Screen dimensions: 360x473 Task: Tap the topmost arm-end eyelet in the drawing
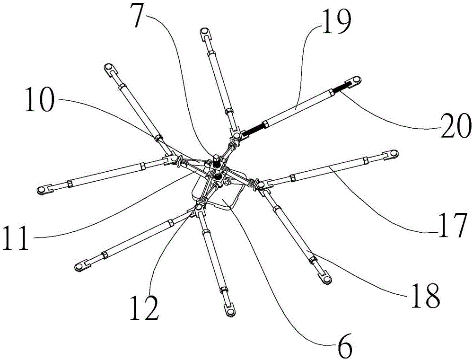point(204,32)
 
